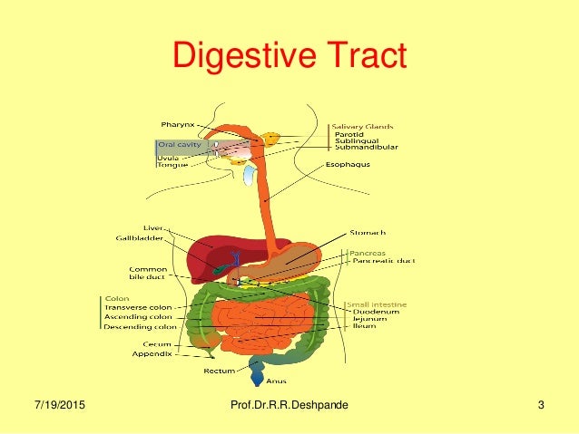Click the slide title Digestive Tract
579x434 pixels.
(289, 57)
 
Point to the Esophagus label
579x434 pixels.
(347, 165)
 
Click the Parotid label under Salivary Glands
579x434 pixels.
(348, 135)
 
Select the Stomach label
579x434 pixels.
(366, 233)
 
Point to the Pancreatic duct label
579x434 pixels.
(380, 260)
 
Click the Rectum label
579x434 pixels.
(220, 371)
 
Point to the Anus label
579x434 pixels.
(277, 381)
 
